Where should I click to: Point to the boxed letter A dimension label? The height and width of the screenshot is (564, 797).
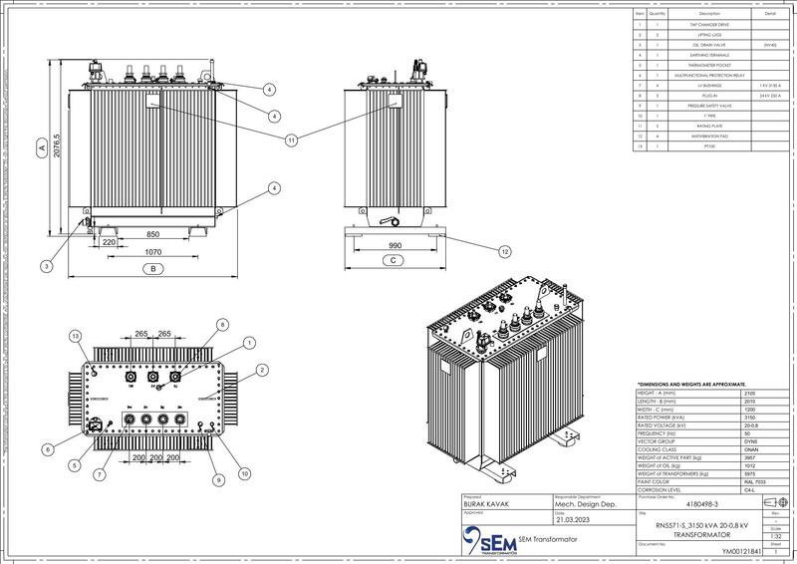tap(41, 146)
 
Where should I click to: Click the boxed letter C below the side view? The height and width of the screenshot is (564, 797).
tap(393, 260)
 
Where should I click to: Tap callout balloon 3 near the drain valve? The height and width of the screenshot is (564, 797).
tap(47, 266)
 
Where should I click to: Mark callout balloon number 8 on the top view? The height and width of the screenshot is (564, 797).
tap(223, 324)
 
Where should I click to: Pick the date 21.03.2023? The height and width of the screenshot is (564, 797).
tap(573, 521)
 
